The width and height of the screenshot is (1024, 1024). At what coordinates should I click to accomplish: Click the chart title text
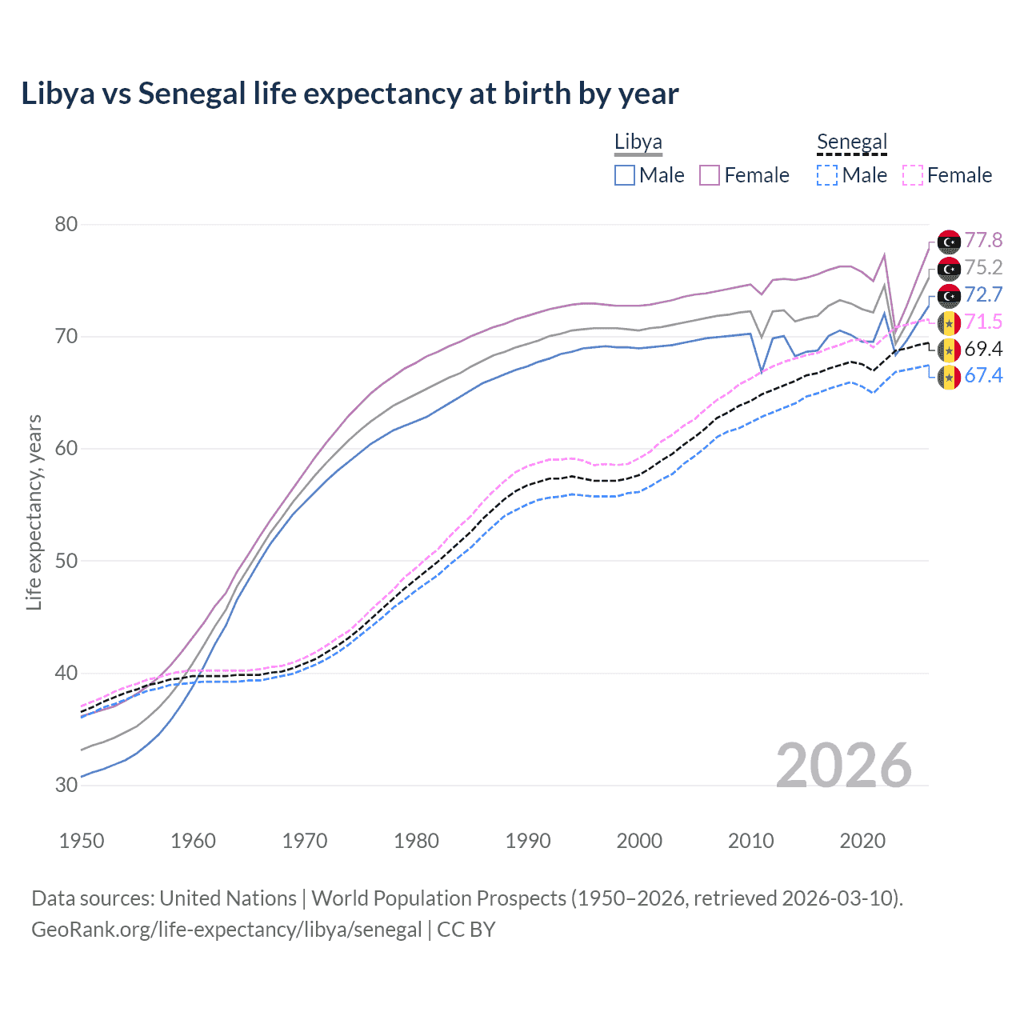coord(350,94)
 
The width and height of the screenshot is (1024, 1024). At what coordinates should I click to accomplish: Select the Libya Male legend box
coord(625,175)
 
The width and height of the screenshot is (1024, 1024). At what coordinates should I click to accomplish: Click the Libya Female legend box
coord(710,175)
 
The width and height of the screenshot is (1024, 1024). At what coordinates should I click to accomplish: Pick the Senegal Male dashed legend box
coord(827,175)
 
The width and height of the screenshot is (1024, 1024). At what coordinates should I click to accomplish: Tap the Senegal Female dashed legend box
coord(913,175)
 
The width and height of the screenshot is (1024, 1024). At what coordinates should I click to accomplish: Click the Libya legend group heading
coord(638,142)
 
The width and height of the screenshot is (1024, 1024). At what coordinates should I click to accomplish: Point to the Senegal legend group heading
coord(852,142)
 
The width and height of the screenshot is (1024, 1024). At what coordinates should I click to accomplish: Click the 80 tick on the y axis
coord(66,224)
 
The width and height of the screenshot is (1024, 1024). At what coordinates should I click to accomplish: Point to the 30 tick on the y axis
coord(66,785)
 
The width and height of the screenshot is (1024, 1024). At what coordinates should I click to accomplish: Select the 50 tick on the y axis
coord(66,561)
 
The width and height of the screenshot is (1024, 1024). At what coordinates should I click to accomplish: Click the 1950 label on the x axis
coord(82,841)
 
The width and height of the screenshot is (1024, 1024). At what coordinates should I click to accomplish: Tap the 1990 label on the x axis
coord(528,841)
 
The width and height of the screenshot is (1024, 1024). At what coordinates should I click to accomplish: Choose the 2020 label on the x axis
coord(862,841)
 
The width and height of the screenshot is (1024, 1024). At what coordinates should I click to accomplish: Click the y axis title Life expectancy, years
coord(34,512)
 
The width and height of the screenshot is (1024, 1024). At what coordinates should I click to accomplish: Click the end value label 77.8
coord(983,240)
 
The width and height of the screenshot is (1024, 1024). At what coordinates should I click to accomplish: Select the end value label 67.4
coord(983,375)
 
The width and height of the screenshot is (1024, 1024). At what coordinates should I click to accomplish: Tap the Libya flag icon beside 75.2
coord(949,268)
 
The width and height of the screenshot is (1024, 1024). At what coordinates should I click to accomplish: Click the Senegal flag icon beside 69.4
coord(949,350)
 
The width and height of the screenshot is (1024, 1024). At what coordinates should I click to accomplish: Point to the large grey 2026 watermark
coord(844,766)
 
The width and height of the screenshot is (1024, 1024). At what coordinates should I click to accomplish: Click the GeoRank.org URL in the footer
coord(226,930)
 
